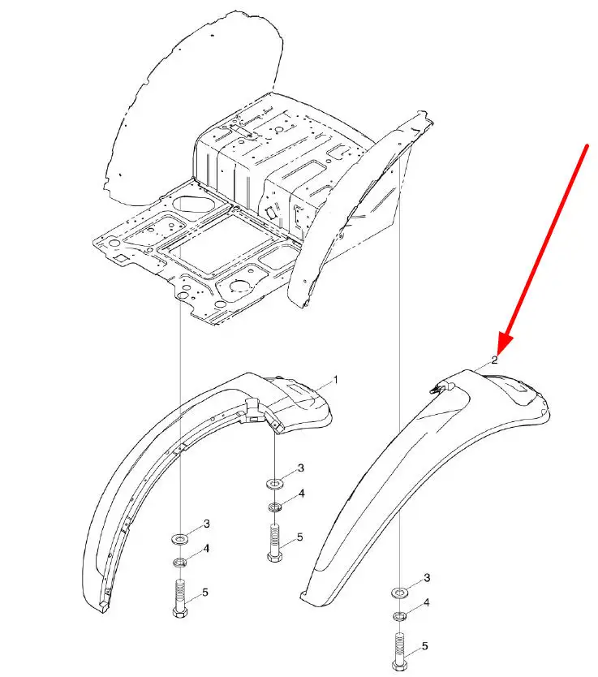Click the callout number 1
(335, 380)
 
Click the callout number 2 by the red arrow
(494, 360)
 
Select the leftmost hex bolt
(180, 599)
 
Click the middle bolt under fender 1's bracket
(275, 542)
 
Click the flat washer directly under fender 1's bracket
(275, 482)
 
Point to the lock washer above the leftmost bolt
(179, 563)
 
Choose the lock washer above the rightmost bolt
(400, 615)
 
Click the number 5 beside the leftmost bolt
(205, 592)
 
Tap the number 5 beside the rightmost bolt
(425, 646)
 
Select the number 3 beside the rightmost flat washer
(427, 578)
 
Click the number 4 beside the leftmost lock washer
(206, 548)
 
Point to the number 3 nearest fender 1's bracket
(301, 468)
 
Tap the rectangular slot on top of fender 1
(300, 389)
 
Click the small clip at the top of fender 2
(441, 387)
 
